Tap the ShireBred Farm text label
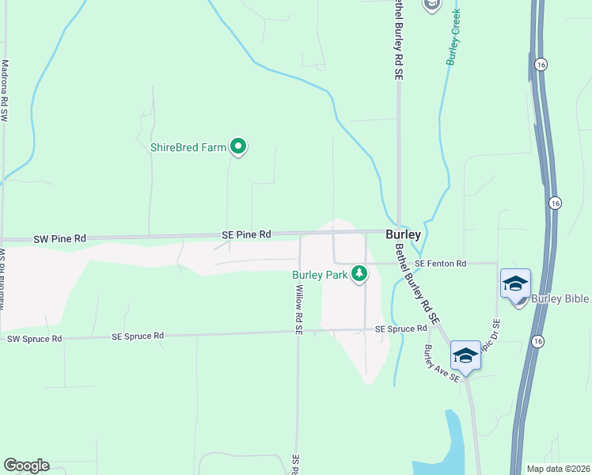[188, 147]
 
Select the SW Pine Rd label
[59, 237]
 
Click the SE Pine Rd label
[245, 234]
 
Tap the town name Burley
[403, 235]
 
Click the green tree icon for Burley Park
[360, 274]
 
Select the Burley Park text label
[320, 275]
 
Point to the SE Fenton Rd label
[441, 263]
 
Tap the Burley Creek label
[453, 37]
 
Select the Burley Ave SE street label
[441, 363]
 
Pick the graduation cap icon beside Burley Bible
[515, 283]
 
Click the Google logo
[26, 465]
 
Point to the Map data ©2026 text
[558, 469]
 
